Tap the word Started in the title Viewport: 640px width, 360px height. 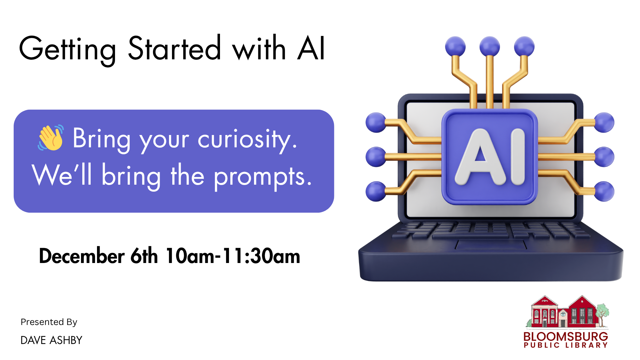(174, 49)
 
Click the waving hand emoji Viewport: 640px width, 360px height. (51, 138)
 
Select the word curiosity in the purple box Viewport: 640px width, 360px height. (247, 139)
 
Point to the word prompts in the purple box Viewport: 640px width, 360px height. (263, 177)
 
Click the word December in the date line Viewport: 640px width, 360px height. (82, 256)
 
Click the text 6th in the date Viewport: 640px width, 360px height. (144, 256)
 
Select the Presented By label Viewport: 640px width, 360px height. (49, 322)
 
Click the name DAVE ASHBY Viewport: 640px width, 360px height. (51, 340)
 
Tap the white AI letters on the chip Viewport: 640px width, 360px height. (490, 157)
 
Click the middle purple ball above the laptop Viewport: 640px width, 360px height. (490, 46)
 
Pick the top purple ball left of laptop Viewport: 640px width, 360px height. (376, 123)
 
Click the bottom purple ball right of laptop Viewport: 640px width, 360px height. (604, 191)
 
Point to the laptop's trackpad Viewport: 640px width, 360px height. (491, 245)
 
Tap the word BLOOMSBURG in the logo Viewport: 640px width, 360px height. (566, 336)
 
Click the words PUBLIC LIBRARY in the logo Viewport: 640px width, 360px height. (566, 345)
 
